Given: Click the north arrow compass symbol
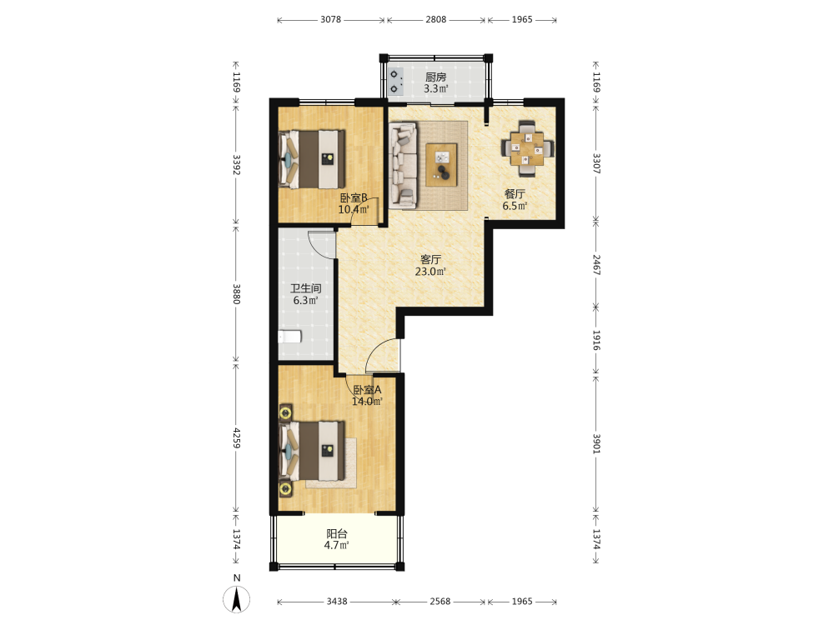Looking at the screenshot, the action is click(x=237, y=599).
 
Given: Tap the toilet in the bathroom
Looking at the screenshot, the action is click(x=290, y=337).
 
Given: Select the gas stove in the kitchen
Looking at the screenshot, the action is click(x=395, y=82).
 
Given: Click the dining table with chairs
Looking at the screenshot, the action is click(x=527, y=148).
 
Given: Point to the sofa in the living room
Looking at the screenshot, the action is click(x=403, y=165).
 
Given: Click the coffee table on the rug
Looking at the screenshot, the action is click(x=441, y=165).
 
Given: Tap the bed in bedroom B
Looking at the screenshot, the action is click(x=312, y=159).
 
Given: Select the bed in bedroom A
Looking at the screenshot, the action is click(x=312, y=451).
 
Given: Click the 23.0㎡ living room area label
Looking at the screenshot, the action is click(x=430, y=272).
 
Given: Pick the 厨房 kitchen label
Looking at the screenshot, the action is click(x=435, y=77).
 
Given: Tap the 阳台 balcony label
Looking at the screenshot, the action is click(x=337, y=533).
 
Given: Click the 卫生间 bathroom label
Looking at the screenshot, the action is click(x=306, y=288).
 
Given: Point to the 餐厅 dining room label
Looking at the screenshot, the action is click(x=515, y=194).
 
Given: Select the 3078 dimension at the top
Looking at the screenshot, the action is click(x=330, y=20).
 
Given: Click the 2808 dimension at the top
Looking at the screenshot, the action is click(x=435, y=20).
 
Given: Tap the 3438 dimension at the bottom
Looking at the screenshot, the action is click(x=337, y=602).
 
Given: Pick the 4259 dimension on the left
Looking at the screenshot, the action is click(x=237, y=438).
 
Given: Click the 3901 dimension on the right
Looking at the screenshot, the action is click(x=596, y=444).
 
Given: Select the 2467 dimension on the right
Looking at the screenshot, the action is click(x=596, y=265).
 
